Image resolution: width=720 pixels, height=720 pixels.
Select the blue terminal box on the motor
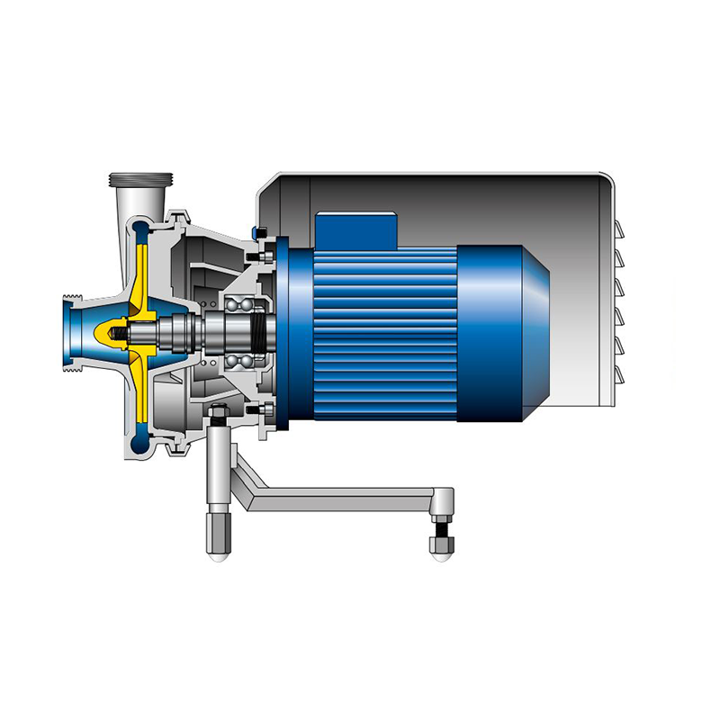[x=355, y=229]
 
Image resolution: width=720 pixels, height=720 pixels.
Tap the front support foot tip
[x=217, y=550]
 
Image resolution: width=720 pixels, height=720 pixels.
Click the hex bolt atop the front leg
[x=218, y=415]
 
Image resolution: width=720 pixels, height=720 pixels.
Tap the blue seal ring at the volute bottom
[x=143, y=438]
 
